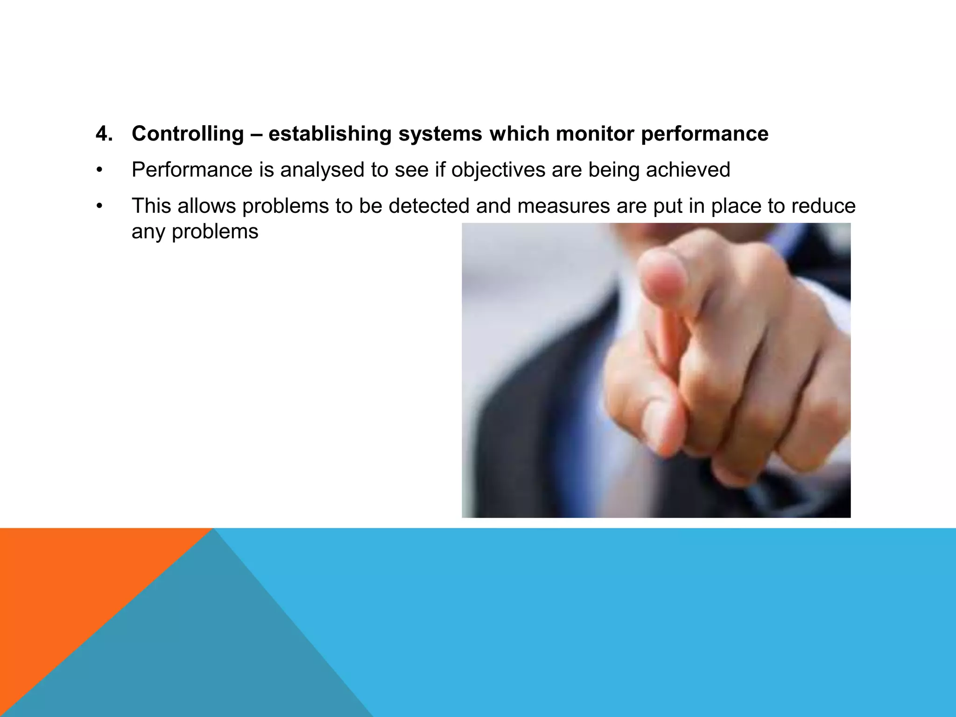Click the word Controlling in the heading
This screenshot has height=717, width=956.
(x=188, y=134)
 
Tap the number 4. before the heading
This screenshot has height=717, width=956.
(x=104, y=134)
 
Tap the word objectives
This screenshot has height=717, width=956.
(x=498, y=170)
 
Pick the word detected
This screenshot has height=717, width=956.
(x=429, y=206)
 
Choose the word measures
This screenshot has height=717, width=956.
(x=563, y=206)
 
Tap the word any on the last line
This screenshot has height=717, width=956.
(x=148, y=232)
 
